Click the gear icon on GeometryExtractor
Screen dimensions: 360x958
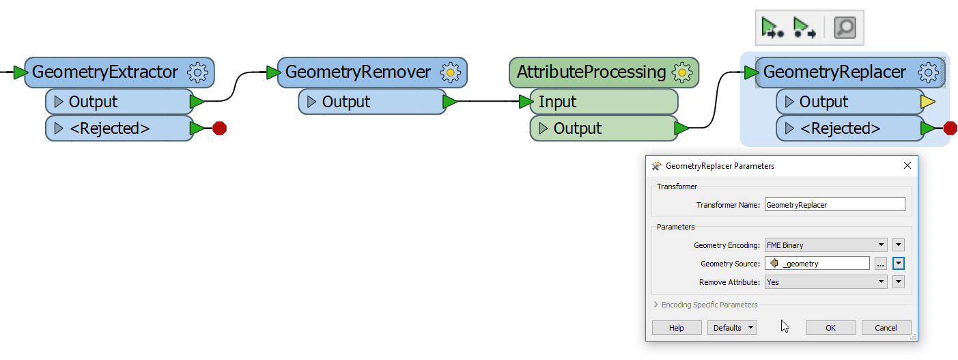click(197, 72)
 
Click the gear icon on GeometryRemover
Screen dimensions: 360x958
click(450, 72)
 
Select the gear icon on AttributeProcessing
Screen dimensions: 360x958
click(681, 72)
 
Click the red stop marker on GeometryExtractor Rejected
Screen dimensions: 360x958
click(219, 128)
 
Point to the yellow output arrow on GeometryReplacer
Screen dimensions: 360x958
click(927, 102)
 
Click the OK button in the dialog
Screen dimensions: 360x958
click(830, 328)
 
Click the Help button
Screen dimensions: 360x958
click(676, 328)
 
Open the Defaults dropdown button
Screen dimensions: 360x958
click(732, 328)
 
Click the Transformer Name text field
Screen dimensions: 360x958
click(834, 204)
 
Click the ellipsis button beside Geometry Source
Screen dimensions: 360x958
click(881, 263)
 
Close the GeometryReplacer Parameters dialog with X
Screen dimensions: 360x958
click(907, 165)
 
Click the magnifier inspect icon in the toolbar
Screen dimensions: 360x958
click(845, 28)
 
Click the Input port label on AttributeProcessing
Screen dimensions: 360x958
click(557, 102)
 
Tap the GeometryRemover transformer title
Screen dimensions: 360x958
click(358, 72)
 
